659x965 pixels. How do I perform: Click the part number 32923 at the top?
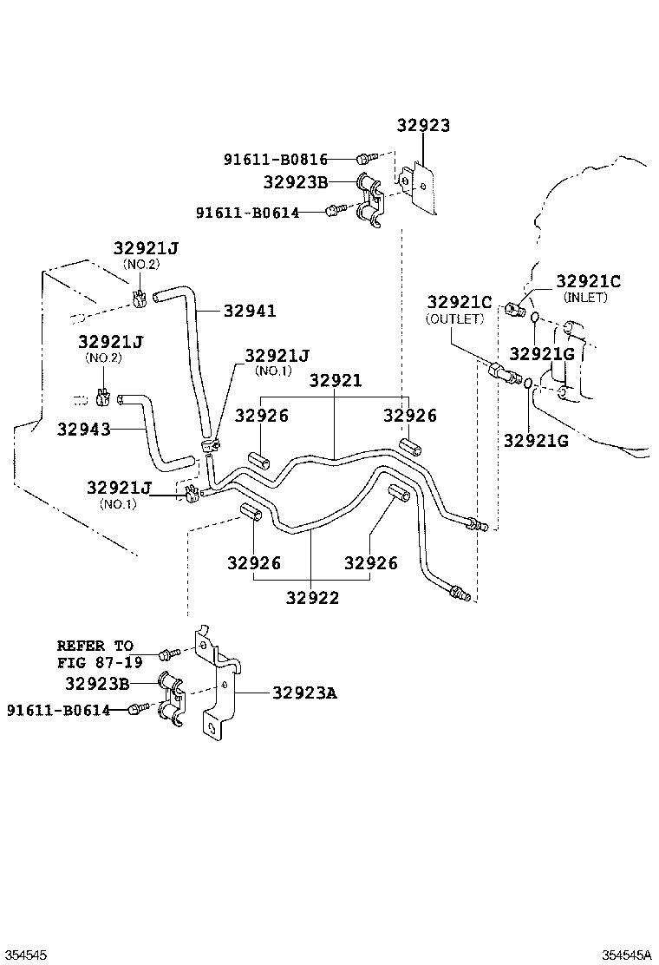point(423,125)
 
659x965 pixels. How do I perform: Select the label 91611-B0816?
point(275,159)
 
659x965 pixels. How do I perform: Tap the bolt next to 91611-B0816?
point(364,158)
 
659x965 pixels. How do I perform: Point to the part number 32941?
point(250,311)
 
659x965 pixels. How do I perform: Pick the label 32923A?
point(304,693)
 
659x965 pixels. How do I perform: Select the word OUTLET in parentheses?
point(453,319)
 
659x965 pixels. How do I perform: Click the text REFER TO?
point(95,646)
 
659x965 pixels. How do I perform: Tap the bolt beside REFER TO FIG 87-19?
point(168,652)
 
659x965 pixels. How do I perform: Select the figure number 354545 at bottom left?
point(25,955)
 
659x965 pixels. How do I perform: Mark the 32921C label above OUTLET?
point(459,303)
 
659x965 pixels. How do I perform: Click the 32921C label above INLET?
point(588,281)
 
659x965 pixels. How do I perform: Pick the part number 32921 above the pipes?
point(336,381)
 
